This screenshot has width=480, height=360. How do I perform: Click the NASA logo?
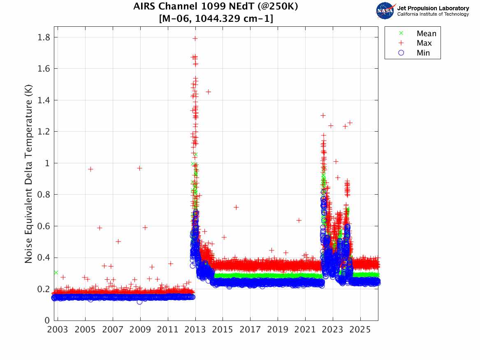(x=385, y=11)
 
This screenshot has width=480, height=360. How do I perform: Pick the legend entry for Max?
(x=424, y=43)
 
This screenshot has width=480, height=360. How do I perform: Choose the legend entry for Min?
(x=423, y=53)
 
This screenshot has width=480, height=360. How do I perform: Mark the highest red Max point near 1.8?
(x=195, y=38)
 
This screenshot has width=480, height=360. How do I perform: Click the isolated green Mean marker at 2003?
(x=56, y=272)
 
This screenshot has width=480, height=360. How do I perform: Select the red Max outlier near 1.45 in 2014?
(x=208, y=92)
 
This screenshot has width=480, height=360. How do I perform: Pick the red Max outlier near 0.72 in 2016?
(x=236, y=207)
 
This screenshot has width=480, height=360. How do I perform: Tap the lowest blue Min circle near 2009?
(x=139, y=302)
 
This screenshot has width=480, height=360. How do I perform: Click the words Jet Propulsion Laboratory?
(x=433, y=8)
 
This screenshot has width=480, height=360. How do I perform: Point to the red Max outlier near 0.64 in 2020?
(x=299, y=221)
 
